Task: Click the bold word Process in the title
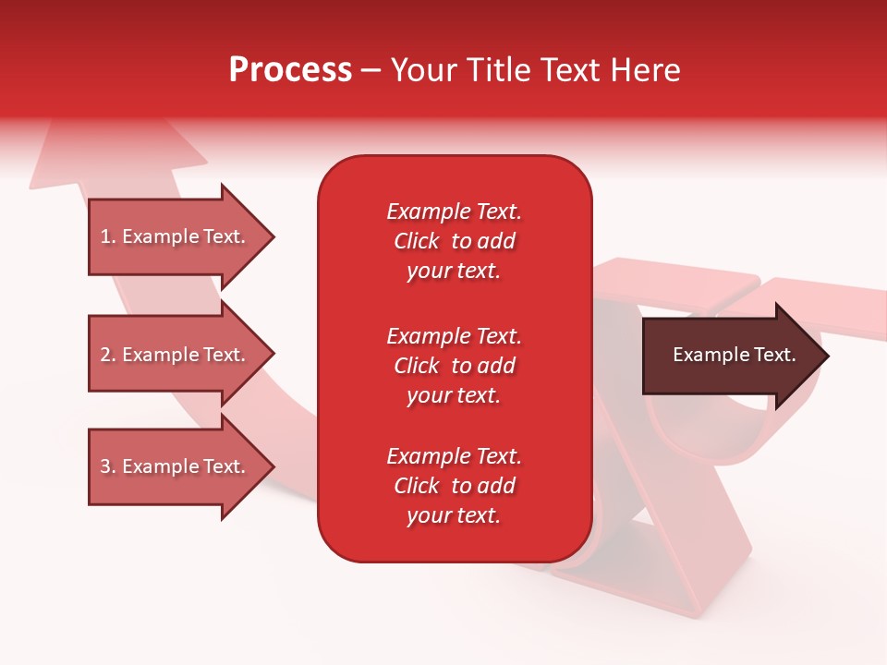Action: coord(290,70)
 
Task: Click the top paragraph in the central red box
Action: coord(454,241)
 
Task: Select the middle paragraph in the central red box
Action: coord(454,366)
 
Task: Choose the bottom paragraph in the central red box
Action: coord(454,486)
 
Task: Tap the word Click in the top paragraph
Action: coord(417,241)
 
